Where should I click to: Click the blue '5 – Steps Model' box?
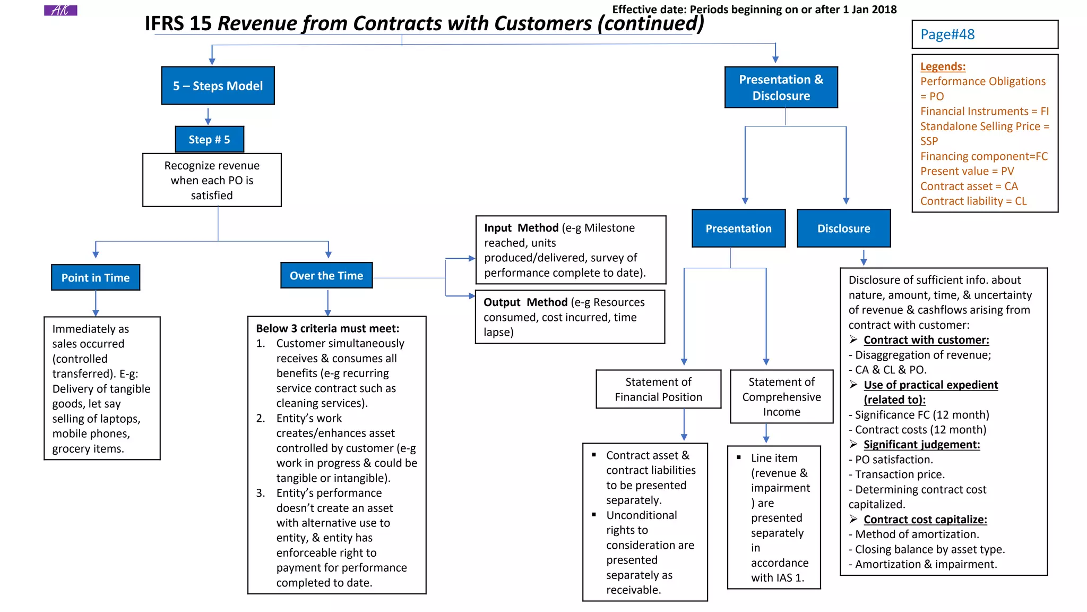218,86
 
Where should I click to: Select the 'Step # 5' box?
210,139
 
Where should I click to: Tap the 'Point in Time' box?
96,277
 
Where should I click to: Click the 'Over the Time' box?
326,275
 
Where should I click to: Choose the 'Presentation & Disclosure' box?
781,87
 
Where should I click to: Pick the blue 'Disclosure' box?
843,228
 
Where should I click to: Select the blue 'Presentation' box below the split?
738,228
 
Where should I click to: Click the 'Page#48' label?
947,35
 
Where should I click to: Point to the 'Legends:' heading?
943,66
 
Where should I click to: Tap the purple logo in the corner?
61,10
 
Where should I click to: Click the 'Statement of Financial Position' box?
658,389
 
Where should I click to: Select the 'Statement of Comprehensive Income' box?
781,396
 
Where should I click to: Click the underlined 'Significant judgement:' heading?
921,445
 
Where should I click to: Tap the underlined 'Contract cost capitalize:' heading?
925,520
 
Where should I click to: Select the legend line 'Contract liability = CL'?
973,201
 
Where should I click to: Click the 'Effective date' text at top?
754,10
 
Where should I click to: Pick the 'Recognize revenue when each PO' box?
212,180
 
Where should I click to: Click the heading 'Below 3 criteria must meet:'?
327,328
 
